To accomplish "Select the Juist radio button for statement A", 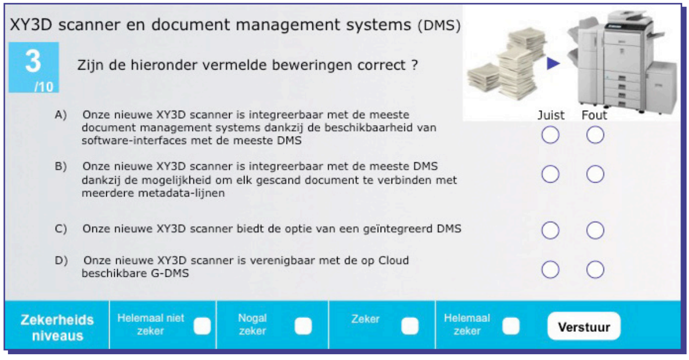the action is [x=550, y=135].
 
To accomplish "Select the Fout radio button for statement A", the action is [x=595, y=135].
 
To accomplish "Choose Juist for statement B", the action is [x=550, y=174].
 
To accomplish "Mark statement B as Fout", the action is [x=595, y=174].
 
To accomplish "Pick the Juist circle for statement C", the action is [x=550, y=230].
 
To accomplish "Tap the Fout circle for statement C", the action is [x=595, y=230].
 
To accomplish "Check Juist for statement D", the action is [x=550, y=269].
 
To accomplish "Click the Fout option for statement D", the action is [x=595, y=269].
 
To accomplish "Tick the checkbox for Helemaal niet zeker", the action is [x=202, y=326].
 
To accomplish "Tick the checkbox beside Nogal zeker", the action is [x=303, y=326].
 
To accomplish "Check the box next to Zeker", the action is [x=410, y=326].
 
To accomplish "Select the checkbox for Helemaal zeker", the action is [x=511, y=326].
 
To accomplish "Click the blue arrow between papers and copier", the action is [x=553, y=64].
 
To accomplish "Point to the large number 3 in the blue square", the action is [x=33, y=61].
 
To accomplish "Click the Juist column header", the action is [x=551, y=115].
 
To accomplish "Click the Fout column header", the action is [x=594, y=115].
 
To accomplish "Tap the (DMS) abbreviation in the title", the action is [x=439, y=25].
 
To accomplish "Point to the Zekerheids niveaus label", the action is [x=57, y=328].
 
